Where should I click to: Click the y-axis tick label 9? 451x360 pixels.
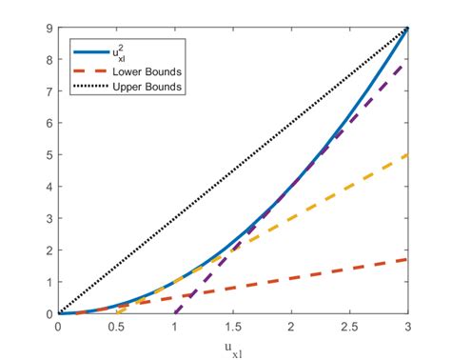[49, 28]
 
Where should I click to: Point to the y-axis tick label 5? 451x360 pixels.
[49, 155]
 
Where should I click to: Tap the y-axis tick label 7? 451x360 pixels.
[49, 91]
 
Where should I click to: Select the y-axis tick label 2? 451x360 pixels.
[49, 250]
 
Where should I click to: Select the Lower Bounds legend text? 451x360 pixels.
[147, 72]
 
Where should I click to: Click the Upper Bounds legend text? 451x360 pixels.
[147, 88]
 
